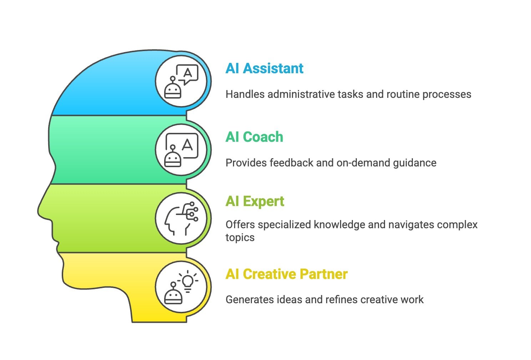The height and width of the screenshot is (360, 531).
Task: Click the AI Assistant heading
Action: click(264, 68)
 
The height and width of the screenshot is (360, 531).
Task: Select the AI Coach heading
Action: click(254, 137)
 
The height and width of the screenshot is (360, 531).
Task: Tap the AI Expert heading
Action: click(255, 201)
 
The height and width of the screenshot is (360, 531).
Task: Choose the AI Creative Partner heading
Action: click(287, 274)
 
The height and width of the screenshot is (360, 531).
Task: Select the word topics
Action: click(240, 237)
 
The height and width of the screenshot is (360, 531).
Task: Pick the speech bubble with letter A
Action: click(187, 74)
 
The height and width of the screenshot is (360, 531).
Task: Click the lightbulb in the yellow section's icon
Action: click(188, 282)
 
